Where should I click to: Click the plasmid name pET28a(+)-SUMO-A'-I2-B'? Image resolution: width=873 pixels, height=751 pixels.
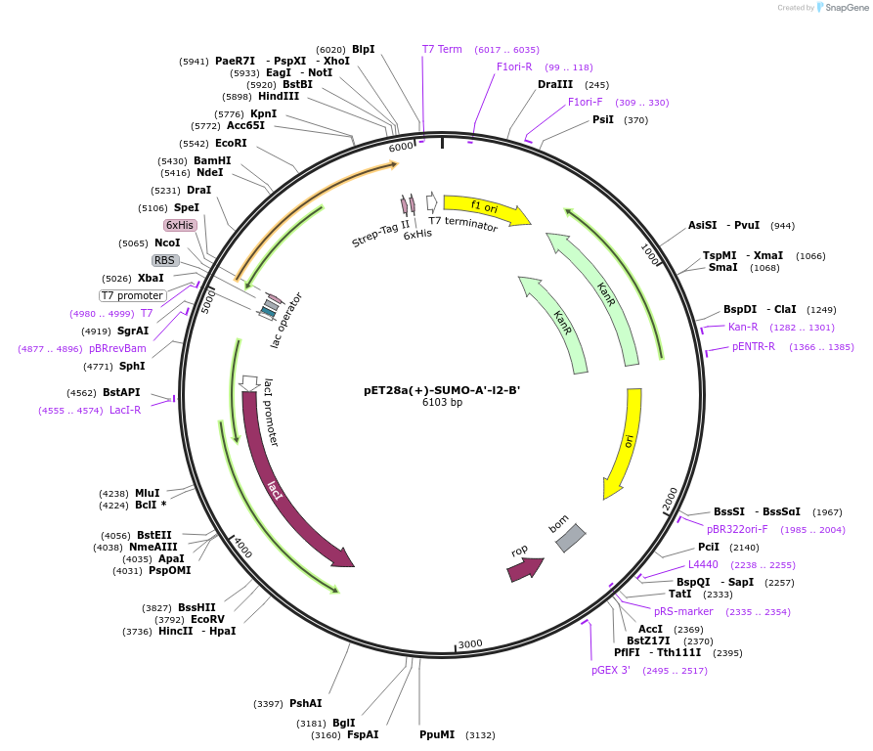point(442,389)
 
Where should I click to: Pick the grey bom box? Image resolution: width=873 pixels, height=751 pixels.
point(570,537)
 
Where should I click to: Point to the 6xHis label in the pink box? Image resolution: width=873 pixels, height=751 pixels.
point(180,225)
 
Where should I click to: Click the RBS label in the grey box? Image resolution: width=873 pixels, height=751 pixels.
point(164,260)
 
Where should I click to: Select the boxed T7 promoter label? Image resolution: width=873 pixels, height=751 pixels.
point(133,295)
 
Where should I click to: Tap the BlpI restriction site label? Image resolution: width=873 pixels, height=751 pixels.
point(363,49)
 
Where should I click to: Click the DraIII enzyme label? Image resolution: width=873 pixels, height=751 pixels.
point(555,84)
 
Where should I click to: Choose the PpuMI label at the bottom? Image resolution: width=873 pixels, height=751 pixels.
point(437,734)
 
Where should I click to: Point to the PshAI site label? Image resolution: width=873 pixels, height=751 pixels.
point(305,703)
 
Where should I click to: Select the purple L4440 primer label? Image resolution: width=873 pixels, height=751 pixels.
point(703,564)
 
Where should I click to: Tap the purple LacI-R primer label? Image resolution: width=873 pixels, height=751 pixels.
point(125,411)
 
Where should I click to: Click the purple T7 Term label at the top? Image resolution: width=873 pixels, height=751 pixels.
point(442,49)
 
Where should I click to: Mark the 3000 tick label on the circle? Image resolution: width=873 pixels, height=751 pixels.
point(470,643)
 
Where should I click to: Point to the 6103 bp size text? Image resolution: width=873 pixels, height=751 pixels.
point(442,402)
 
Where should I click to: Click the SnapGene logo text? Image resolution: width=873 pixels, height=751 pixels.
point(847,8)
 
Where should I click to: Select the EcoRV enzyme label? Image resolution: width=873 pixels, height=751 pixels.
point(207,619)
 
